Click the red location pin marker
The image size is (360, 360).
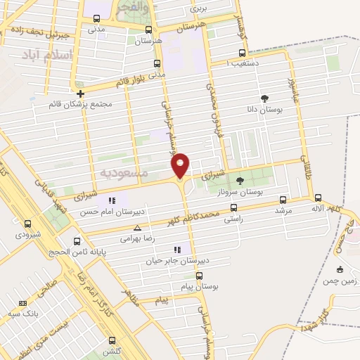(x=181, y=165)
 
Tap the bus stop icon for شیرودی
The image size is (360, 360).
(x=27, y=223)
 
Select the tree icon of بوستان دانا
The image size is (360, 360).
(x=264, y=99)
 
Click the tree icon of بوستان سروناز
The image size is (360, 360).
(x=240, y=181)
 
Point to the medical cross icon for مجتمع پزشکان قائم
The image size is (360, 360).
(x=81, y=94)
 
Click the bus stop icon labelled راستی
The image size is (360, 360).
(x=233, y=207)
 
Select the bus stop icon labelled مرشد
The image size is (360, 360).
(x=283, y=200)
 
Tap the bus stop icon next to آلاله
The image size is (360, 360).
(x=318, y=198)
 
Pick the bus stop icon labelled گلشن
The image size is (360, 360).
(x=111, y=338)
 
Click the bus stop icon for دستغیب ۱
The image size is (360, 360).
(x=243, y=52)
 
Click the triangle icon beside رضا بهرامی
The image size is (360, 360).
(x=137, y=228)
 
